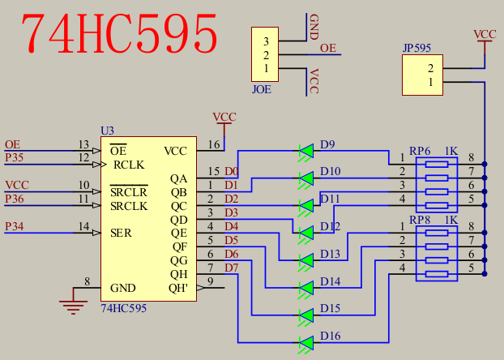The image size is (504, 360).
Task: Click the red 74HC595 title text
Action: (x=119, y=34)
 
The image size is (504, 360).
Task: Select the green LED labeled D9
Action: (x=306, y=151)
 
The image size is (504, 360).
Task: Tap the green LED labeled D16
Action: (x=306, y=342)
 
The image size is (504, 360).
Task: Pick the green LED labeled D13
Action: (x=306, y=260)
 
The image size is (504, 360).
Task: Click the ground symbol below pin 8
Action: (x=74, y=305)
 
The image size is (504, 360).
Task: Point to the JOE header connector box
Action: (x=265, y=54)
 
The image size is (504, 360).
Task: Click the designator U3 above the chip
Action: (x=107, y=131)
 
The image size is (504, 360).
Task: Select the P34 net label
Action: (x=15, y=225)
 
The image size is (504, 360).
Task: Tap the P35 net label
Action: (x=15, y=157)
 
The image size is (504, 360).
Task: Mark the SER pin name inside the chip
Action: (x=122, y=233)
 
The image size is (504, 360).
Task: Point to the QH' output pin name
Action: (x=178, y=288)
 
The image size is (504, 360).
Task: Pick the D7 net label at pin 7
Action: (x=232, y=268)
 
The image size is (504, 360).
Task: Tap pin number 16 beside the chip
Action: (x=214, y=145)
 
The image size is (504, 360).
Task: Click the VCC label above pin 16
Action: (x=224, y=118)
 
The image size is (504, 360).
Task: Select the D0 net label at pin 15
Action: (x=232, y=172)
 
